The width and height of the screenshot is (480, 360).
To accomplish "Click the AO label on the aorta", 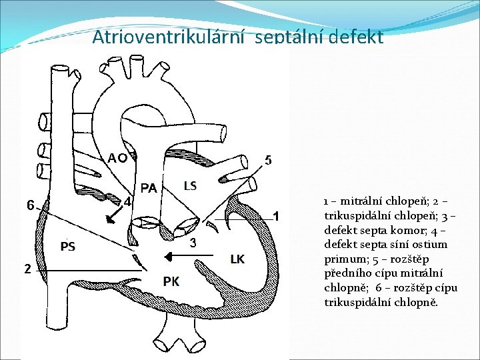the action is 118,158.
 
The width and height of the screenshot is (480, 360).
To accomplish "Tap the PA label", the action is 149,189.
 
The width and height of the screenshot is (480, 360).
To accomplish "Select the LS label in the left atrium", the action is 190,185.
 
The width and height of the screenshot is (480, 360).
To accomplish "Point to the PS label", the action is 67,247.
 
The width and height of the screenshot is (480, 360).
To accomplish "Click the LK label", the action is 237,259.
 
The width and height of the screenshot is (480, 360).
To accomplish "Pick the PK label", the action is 171,281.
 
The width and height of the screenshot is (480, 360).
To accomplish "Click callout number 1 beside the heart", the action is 277,217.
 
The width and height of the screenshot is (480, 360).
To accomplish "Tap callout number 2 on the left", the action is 27,269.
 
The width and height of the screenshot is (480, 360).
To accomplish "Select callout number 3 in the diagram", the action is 193,243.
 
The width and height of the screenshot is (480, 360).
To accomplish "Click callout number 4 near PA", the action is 127,201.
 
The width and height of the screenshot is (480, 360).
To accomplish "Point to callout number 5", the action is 268,160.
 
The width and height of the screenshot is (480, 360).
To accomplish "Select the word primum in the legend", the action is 344,259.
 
